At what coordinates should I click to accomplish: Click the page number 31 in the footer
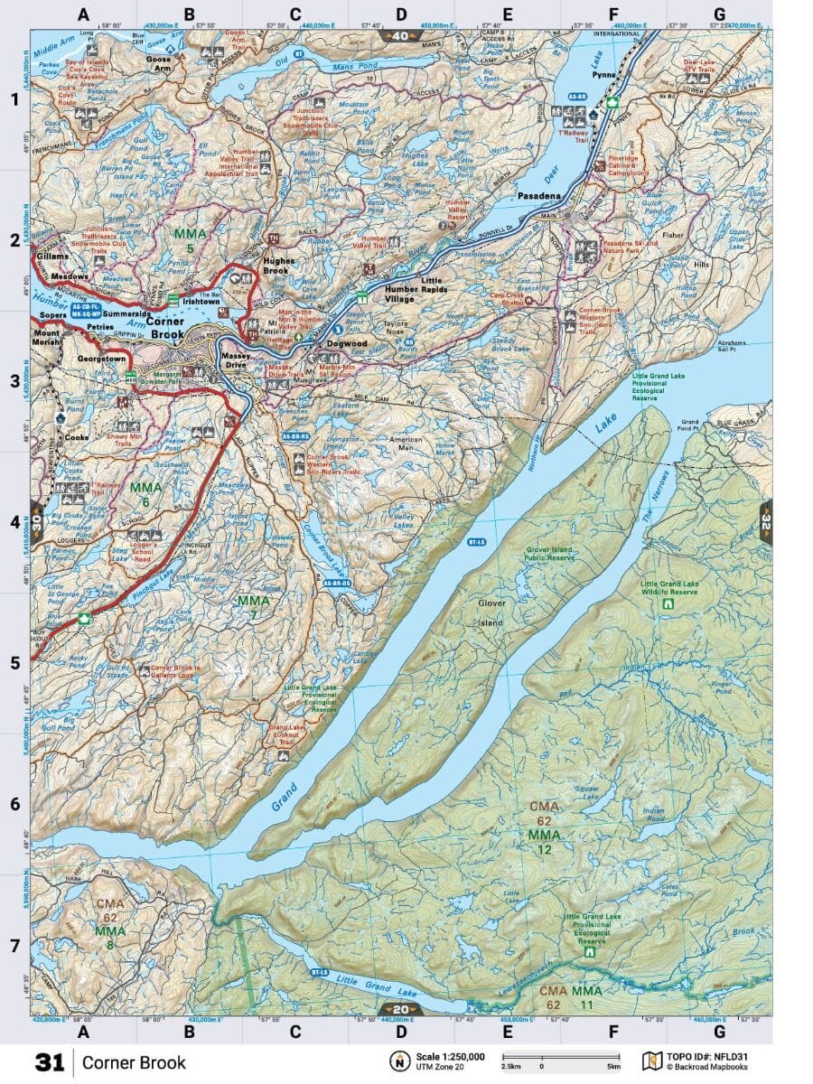[50, 1062]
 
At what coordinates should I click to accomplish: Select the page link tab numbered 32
[766, 521]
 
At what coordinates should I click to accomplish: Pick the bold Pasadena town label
[540, 195]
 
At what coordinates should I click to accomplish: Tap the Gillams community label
[55, 257]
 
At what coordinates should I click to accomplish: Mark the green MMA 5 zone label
[191, 240]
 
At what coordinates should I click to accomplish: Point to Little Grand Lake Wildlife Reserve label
[668, 587]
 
